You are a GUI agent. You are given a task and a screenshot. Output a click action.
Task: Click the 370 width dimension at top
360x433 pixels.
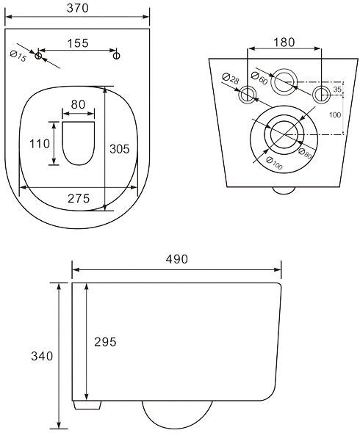78,8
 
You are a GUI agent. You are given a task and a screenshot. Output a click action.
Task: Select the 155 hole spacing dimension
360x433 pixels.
78,43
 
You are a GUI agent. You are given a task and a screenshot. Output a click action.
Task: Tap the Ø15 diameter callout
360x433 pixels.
18,56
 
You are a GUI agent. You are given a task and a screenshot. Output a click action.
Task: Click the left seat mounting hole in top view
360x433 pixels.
38,56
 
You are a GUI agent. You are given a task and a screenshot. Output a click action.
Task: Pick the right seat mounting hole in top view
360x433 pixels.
117,56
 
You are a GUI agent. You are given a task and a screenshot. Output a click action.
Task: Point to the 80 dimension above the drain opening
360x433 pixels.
78,105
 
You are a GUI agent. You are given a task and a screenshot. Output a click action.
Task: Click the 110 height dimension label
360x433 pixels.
40,144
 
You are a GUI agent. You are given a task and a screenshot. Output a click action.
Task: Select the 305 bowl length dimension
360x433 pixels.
120,149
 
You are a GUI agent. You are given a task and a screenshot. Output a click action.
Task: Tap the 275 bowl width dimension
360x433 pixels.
79,198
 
